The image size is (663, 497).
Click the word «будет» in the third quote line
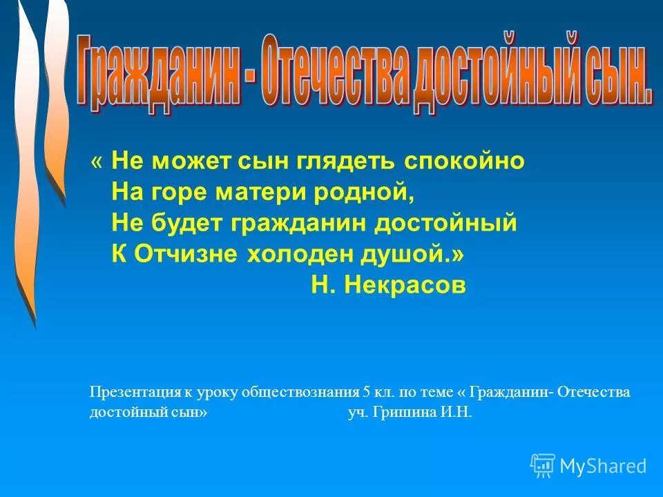pyautogui.click(x=189, y=223)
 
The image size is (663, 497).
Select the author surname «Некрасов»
pyautogui.click(x=410, y=285)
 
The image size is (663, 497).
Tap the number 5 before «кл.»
pyautogui.click(x=366, y=392)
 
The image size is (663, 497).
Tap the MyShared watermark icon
pyautogui.click(x=543, y=466)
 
